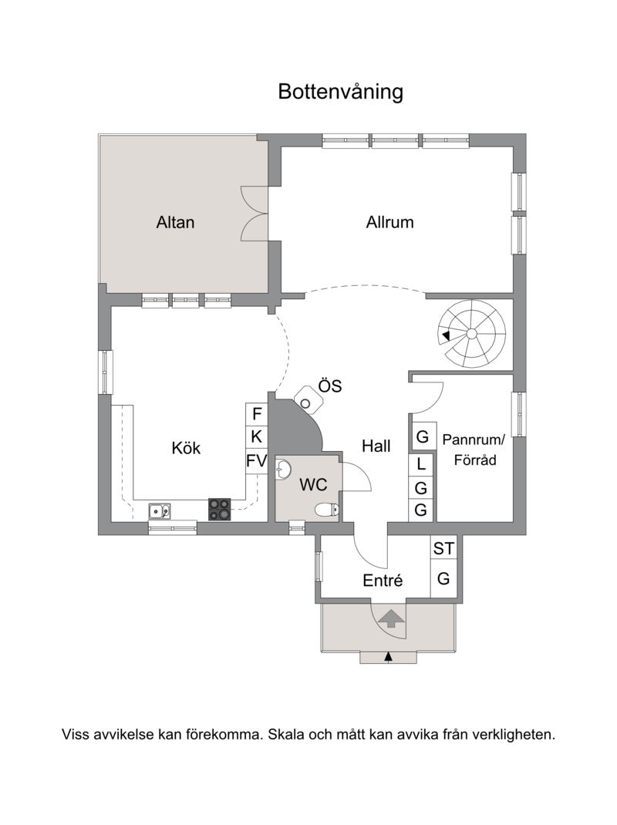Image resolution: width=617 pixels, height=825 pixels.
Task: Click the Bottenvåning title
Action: tap(341, 92)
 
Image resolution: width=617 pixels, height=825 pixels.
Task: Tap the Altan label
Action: tap(175, 222)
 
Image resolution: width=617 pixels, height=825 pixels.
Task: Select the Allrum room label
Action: tap(389, 222)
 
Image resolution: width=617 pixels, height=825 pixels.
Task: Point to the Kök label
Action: tap(186, 448)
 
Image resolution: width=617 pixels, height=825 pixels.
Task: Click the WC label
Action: tap(313, 484)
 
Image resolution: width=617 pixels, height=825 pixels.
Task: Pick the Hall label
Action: tap(376, 446)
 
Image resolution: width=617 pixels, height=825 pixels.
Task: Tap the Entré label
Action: tap(383, 581)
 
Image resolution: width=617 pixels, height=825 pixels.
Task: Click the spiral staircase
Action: tap(472, 334)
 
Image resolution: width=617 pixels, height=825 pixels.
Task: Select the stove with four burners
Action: tap(220, 510)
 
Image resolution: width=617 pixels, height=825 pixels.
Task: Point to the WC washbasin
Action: tap(283, 470)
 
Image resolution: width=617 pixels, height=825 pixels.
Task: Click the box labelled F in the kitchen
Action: tap(257, 414)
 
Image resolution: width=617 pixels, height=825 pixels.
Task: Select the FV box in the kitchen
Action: tap(257, 461)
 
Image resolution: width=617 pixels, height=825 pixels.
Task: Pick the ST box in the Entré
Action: tap(443, 548)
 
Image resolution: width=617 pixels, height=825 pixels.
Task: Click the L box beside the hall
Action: tap(421, 464)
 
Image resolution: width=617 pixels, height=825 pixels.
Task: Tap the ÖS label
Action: tap(330, 386)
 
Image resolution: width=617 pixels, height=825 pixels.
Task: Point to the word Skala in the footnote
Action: tap(286, 734)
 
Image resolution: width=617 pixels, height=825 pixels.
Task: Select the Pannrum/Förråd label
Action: tap(474, 450)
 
